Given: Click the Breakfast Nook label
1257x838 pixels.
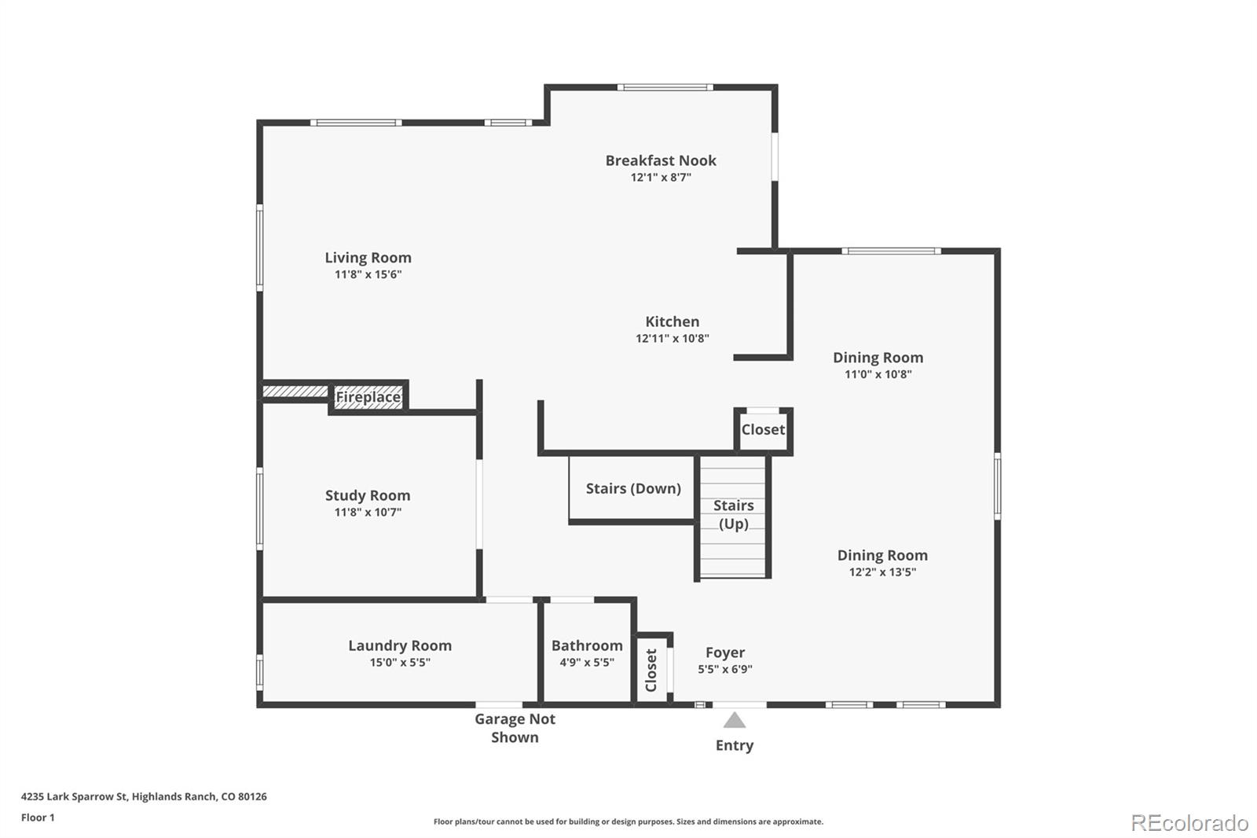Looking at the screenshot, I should (661, 160).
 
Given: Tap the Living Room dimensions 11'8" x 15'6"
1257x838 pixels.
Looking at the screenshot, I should (368, 274).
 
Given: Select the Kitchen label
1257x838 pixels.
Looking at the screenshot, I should (672, 322).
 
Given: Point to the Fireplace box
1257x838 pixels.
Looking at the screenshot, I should (368, 397).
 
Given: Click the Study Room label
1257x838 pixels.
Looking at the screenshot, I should (368, 495).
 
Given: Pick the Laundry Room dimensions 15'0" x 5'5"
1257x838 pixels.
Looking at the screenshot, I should (400, 663).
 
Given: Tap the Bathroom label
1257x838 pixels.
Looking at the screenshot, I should (587, 645).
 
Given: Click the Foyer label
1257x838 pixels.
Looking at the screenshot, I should (724, 652).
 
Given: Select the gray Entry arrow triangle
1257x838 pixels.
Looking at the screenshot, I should (735, 720).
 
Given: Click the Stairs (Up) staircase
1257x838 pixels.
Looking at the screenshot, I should (733, 515).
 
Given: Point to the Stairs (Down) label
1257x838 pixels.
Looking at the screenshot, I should (633, 488).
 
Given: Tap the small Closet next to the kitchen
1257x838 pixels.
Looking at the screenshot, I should (763, 430).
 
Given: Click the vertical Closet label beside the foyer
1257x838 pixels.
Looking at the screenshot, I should (651, 670).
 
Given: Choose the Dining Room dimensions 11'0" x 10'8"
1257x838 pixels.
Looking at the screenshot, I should (878, 374).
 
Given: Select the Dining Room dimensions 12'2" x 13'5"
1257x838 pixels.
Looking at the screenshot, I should (882, 572).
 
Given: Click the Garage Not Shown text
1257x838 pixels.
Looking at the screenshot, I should (515, 728).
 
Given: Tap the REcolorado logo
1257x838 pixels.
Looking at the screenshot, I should (1189, 822).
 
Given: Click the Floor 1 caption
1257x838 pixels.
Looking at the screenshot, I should (38, 818).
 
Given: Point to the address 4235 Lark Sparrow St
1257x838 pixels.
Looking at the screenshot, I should (144, 796).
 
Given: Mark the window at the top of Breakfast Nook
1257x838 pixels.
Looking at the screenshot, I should (665, 87).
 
